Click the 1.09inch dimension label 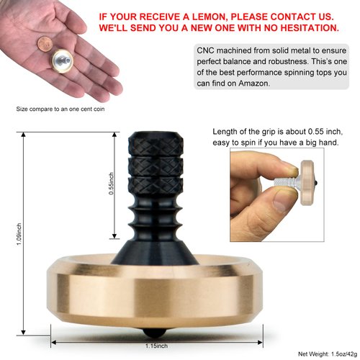click(19, 235)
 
